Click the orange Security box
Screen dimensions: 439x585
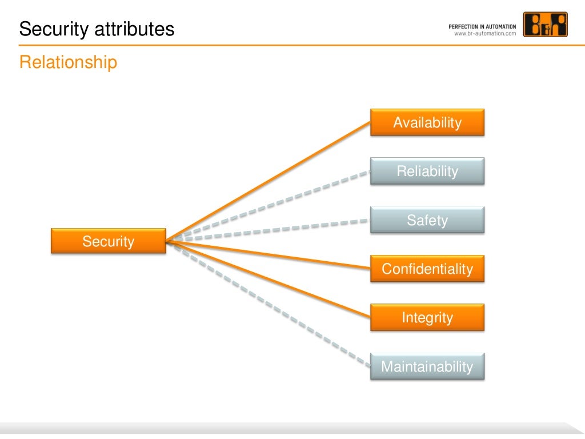[x=108, y=241]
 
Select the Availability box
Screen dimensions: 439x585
[x=427, y=122]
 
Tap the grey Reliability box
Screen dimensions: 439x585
[x=427, y=171]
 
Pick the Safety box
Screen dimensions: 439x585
[x=427, y=220]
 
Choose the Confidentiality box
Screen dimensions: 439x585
[x=427, y=269]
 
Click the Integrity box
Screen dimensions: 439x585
[x=427, y=317]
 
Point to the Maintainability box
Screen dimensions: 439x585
[x=427, y=366]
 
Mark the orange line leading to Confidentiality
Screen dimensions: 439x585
[x=269, y=254]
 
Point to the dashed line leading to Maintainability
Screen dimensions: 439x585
[x=269, y=304]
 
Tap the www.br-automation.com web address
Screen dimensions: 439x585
[x=484, y=34]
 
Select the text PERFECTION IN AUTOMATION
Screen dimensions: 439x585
[x=482, y=26]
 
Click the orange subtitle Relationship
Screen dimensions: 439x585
[x=68, y=62]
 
